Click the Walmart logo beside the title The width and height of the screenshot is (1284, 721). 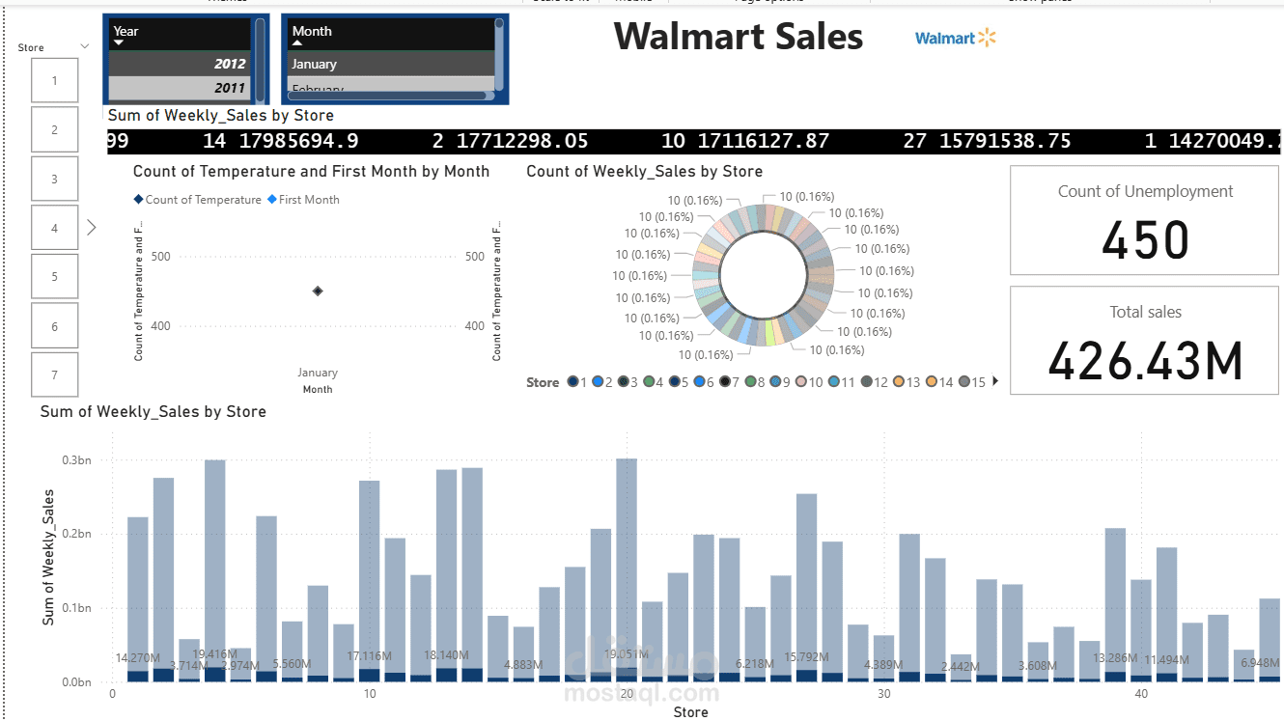click(x=955, y=38)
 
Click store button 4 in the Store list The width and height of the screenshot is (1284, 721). click(x=55, y=229)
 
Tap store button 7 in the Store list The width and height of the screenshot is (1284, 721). click(x=55, y=374)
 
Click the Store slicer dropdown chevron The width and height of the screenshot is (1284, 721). click(x=84, y=46)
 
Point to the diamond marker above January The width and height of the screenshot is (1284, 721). click(x=318, y=291)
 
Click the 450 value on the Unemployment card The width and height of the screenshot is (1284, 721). click(x=1145, y=239)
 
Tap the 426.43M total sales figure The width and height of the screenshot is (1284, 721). click(x=1145, y=361)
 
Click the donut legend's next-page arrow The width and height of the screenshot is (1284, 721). click(x=995, y=382)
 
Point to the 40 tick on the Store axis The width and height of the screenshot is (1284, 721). click(x=1141, y=694)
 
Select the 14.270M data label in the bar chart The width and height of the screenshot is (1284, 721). click(x=137, y=658)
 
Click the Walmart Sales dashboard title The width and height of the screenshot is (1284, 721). click(x=739, y=37)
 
